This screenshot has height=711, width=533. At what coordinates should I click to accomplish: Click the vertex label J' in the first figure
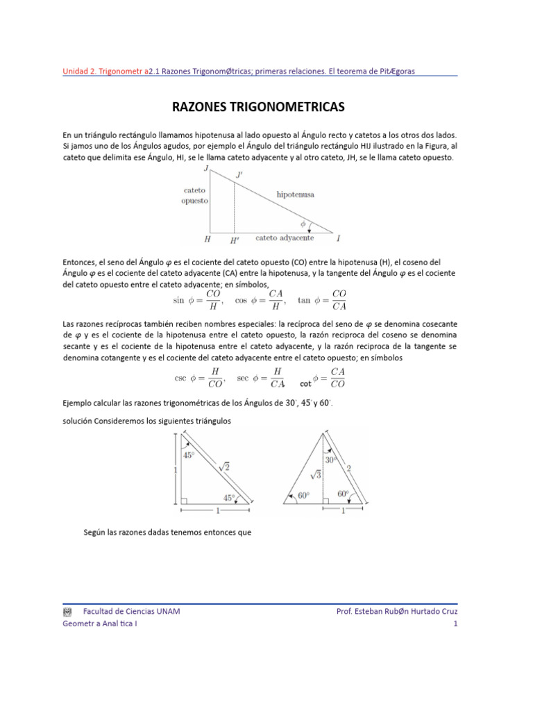click(239, 176)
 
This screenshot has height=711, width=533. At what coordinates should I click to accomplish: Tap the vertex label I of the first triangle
click(338, 239)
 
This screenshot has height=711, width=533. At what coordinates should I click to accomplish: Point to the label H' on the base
click(235, 240)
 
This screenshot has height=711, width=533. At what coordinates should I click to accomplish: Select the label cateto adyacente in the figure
click(285, 237)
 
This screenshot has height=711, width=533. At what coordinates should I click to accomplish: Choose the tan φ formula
click(322, 300)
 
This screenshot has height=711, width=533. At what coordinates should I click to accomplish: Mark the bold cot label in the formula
click(305, 383)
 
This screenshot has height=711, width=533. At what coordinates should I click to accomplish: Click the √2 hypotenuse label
click(224, 467)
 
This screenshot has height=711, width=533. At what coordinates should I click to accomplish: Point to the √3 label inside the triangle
click(314, 476)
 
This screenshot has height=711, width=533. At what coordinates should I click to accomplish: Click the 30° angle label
click(332, 460)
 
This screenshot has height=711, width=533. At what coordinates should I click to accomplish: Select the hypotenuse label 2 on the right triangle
click(348, 469)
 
